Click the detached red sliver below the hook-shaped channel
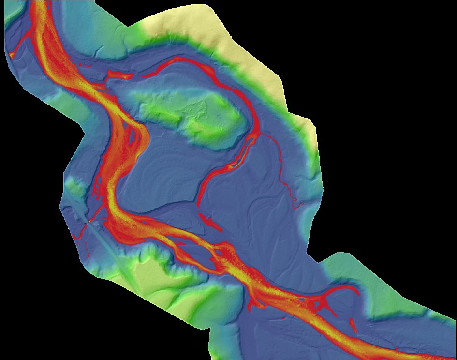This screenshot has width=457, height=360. point(352,324)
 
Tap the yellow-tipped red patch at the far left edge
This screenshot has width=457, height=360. point(11,55)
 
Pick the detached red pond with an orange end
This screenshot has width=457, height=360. point(118,75)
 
